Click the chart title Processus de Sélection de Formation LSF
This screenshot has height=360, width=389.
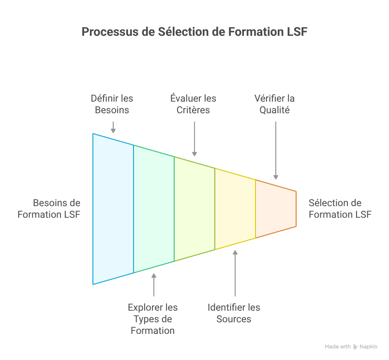[194, 32]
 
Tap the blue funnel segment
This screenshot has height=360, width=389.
[113, 208]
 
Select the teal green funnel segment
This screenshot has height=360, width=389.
[154, 208]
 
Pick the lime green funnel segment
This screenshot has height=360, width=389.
[194, 208]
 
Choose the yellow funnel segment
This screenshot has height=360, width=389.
[235, 208]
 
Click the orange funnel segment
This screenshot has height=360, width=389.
[275, 208]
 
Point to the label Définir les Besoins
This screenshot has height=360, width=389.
[112, 104]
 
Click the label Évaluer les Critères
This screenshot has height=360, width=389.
[194, 104]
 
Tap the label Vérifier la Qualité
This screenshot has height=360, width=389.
[275, 104]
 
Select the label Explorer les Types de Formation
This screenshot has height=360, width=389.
[153, 319]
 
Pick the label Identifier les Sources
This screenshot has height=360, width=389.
[234, 313]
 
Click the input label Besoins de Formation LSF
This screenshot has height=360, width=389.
[49, 209]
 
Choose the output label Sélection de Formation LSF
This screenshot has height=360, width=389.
[340, 209]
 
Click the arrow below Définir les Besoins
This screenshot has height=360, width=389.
[113, 127]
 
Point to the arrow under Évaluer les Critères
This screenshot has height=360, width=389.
[194, 138]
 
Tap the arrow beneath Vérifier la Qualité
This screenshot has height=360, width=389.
[276, 150]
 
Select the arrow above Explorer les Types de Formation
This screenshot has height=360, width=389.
[154, 285]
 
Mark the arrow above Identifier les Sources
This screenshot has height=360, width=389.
[235, 273]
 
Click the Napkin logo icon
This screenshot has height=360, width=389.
[356, 346]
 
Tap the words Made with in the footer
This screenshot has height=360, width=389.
[338, 346]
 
